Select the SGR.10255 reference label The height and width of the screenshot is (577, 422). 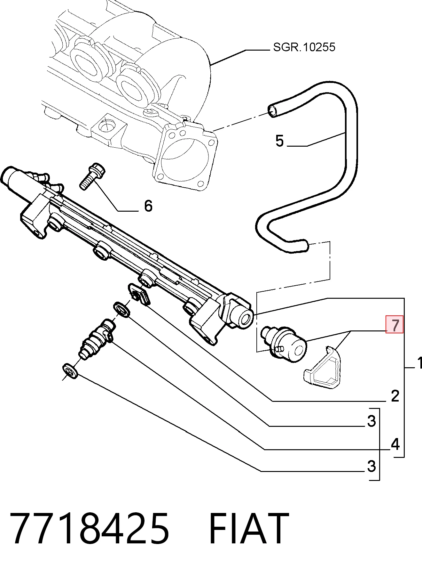coord(304,47)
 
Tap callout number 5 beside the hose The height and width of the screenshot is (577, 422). coord(279,141)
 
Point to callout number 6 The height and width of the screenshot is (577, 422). coord(148,206)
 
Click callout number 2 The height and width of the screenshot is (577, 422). coord(395,396)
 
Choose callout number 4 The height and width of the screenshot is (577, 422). coord(395,444)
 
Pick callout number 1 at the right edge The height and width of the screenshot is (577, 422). coord(419,363)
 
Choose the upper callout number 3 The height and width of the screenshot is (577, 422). coord(371,421)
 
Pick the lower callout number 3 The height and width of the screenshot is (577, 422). coord(371,466)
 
